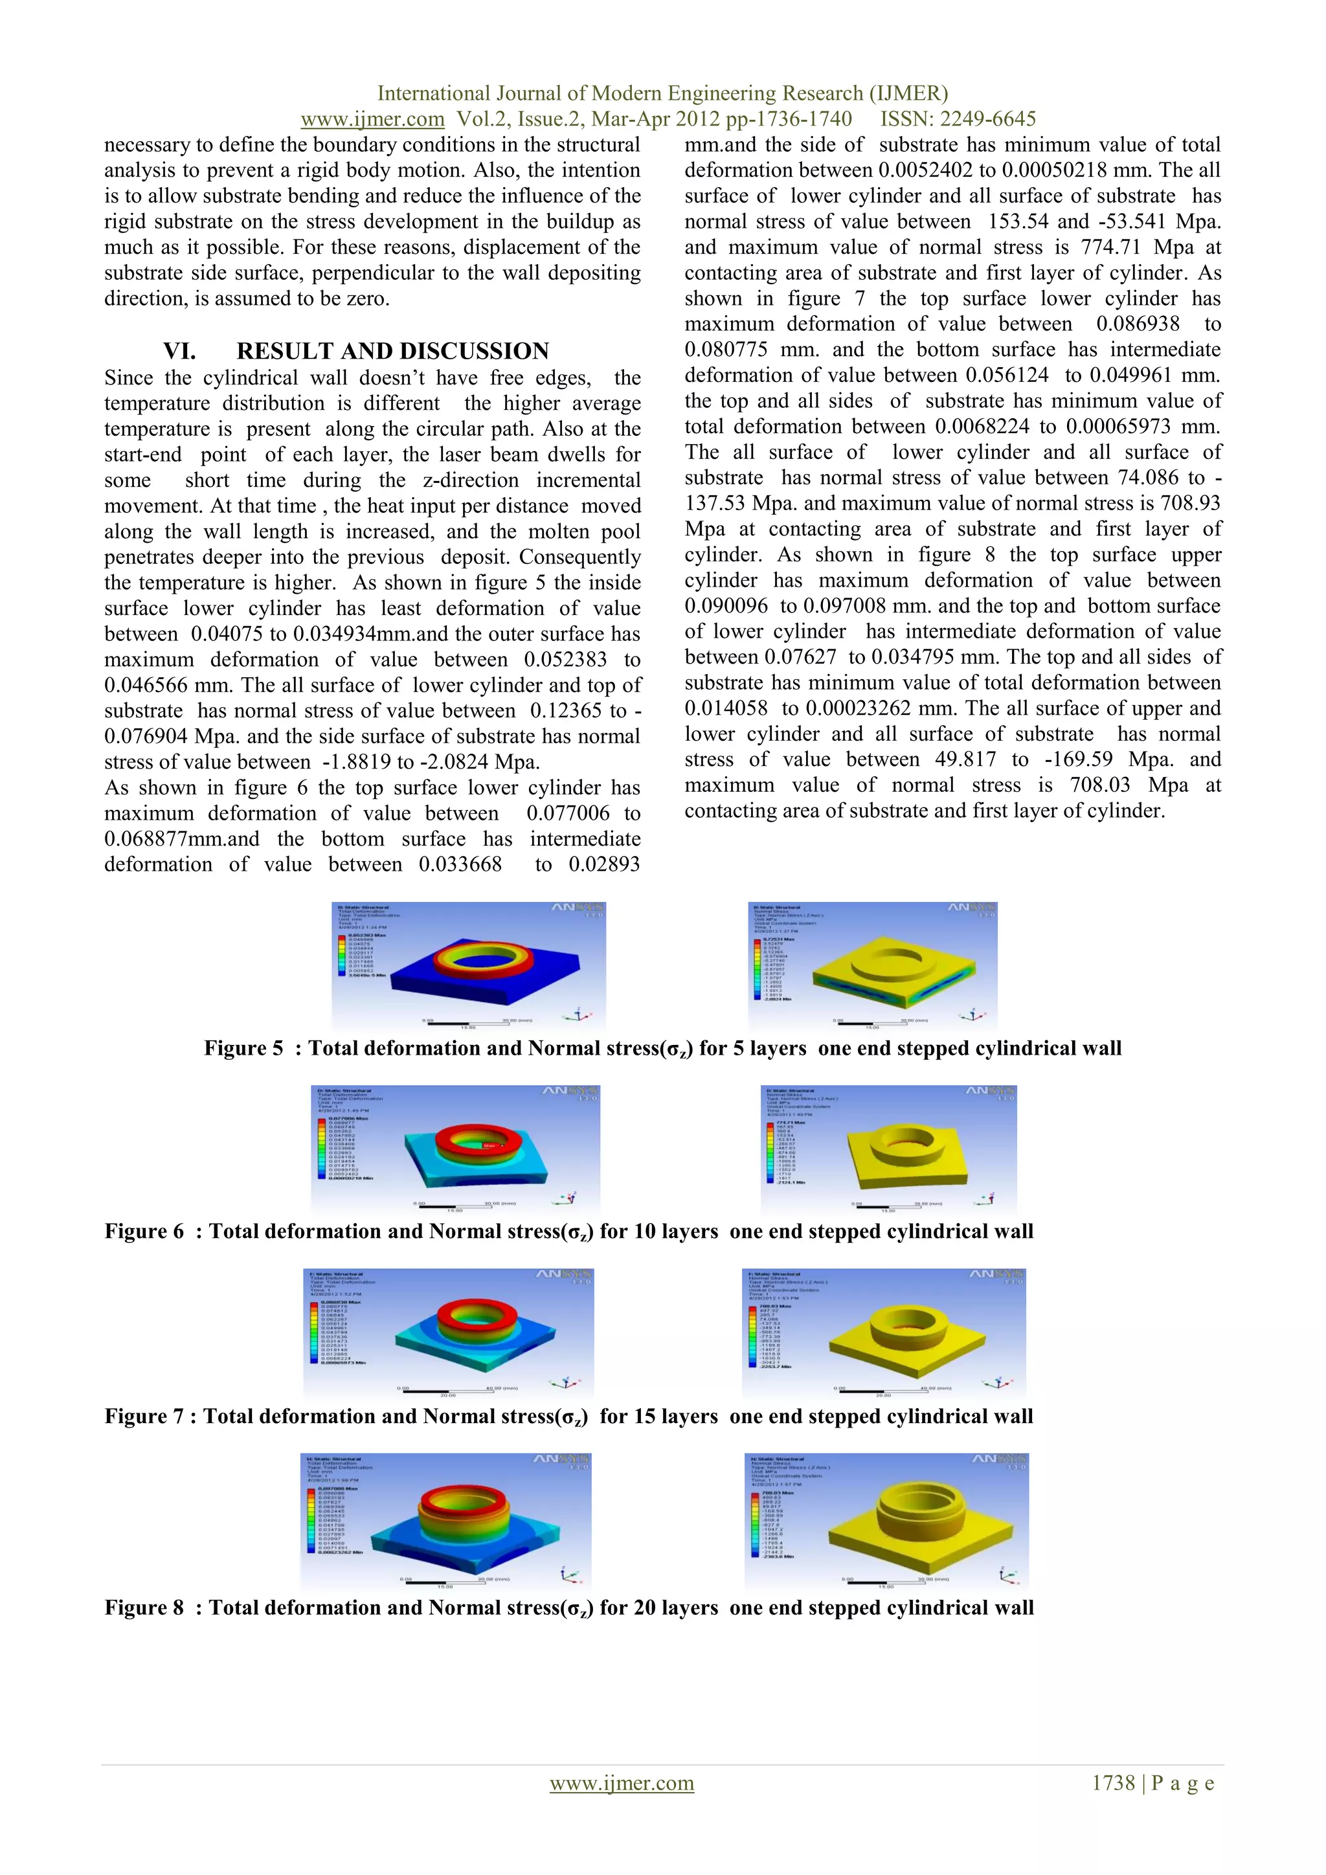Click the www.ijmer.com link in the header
[372, 119]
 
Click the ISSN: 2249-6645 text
[957, 119]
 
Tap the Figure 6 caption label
[144, 1231]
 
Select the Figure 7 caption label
[144, 1416]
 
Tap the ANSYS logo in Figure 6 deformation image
[570, 1091]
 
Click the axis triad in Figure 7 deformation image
[564, 1384]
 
